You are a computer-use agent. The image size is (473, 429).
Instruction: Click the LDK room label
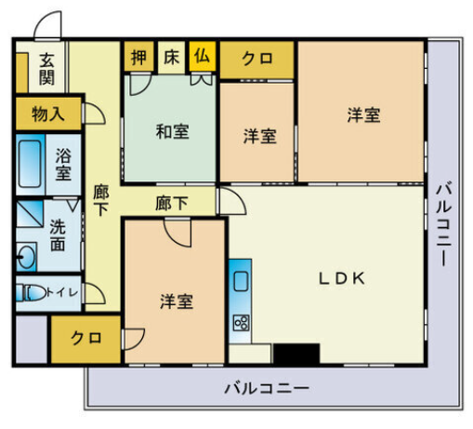point(342,278)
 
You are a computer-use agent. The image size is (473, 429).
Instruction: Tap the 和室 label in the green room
point(172,131)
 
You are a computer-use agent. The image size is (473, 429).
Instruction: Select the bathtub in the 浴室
point(30,164)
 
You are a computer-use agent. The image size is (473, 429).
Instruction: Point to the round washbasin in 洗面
point(26,257)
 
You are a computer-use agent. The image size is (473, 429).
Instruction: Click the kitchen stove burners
point(241,323)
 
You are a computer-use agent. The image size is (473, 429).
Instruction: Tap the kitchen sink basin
point(241,281)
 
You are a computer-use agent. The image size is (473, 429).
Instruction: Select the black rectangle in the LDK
point(296,354)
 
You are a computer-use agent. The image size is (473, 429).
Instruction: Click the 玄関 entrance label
point(46,69)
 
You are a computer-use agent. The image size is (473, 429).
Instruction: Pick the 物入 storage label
point(48,114)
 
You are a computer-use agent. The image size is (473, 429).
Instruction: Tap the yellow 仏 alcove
point(203,57)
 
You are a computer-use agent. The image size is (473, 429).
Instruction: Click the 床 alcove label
point(171,57)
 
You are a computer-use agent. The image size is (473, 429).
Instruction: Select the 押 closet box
point(139,56)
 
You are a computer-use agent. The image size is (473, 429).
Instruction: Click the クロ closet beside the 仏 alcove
point(256,60)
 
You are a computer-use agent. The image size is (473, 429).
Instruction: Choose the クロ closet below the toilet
point(85,340)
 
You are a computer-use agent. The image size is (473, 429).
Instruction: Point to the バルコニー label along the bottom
point(267,388)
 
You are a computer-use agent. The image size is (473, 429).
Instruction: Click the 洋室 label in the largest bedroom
point(363,114)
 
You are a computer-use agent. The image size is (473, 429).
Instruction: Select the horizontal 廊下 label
point(171,203)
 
